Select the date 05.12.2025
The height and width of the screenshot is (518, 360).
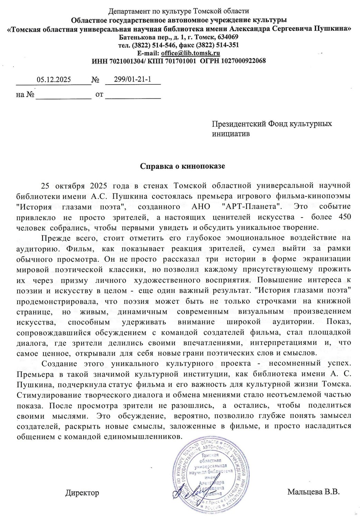point(54,80)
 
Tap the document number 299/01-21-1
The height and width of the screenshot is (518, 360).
point(133,79)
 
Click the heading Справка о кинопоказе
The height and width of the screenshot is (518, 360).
point(182,166)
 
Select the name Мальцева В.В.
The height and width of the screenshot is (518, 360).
point(313,492)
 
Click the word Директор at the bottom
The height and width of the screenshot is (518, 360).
point(82,493)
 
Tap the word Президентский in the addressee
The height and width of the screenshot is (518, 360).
point(239,124)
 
